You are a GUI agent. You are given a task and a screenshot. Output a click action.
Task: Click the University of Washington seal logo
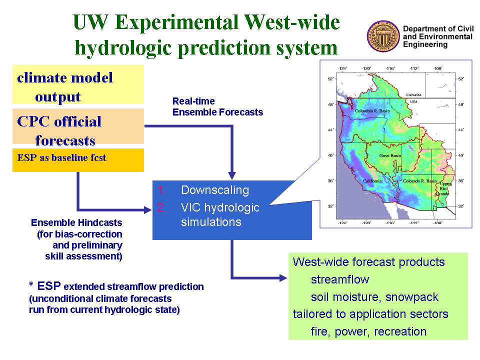pos(383,36)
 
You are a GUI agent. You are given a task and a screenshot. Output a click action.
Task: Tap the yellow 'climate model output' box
pos(78,84)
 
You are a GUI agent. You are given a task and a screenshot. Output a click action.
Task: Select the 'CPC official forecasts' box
pos(78,126)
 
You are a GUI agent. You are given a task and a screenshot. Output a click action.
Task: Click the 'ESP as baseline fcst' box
pos(78,160)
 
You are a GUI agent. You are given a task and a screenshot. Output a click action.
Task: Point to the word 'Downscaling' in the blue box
pos(215,190)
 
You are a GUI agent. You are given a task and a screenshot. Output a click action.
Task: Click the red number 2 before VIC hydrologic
pos(161,207)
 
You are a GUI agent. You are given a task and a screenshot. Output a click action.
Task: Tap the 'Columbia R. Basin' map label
pos(372,111)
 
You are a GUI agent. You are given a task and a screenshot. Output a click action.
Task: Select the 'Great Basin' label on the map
pos(390,155)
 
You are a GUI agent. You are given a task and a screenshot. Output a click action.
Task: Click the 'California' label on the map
pos(372,181)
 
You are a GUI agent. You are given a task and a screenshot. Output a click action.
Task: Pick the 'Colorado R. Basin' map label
pos(419,181)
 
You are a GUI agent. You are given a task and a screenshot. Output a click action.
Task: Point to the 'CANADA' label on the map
pos(414,95)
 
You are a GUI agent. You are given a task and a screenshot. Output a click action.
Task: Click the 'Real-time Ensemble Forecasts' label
pos(217,106)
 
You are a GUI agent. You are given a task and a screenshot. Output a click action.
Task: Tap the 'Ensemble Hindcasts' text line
pos(76,222)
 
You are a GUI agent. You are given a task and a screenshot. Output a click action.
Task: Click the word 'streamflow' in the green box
pos(340,279)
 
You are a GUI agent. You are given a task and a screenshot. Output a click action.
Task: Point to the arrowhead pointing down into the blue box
pos(232,175)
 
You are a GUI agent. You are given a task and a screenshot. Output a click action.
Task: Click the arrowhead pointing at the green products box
pos(283,278)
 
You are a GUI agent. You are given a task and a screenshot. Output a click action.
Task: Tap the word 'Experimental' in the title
pos(177,22)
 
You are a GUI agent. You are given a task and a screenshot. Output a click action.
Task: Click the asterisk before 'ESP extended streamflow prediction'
pos(31,284)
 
